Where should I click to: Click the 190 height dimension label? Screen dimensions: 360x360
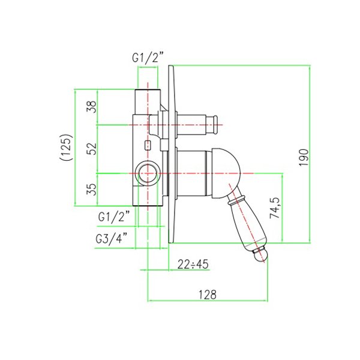(x=304, y=157)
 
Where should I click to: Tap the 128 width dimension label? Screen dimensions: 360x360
(x=208, y=295)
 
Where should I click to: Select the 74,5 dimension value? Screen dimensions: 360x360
(x=275, y=208)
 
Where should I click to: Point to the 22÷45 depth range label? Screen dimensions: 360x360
(x=193, y=264)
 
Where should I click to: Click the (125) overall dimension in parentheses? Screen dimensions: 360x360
(x=67, y=147)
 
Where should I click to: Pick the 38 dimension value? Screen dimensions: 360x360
(x=91, y=107)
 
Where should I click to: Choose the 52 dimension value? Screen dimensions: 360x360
(x=91, y=149)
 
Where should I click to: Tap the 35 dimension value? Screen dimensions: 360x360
(x=91, y=189)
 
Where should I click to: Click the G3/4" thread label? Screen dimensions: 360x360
(x=112, y=239)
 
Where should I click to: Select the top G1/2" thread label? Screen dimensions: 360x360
(x=148, y=58)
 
